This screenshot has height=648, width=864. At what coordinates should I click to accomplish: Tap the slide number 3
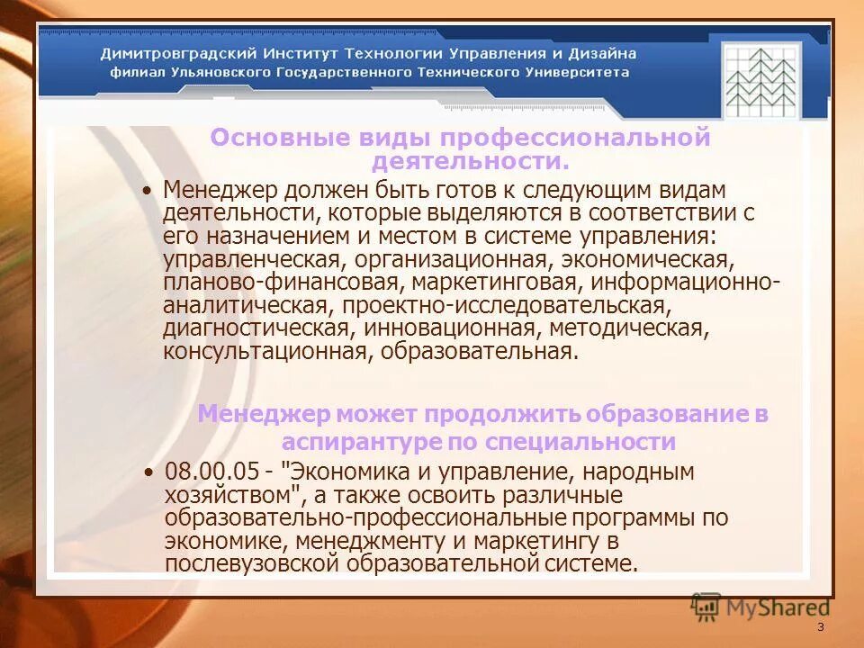(x=820, y=627)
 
